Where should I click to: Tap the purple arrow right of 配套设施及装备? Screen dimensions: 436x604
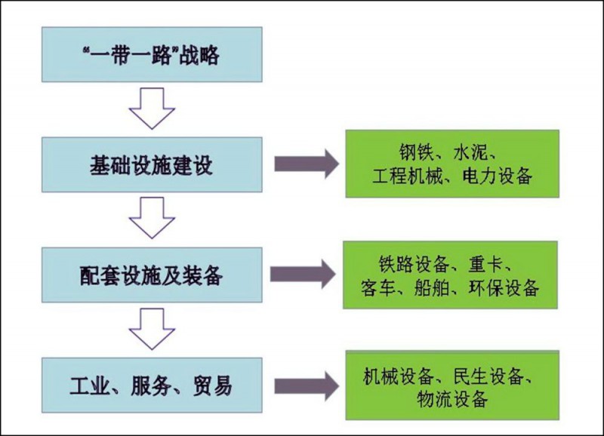[x=302, y=275]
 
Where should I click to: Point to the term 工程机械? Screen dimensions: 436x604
[x=405, y=177]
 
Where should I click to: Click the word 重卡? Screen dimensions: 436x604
[x=495, y=265]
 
